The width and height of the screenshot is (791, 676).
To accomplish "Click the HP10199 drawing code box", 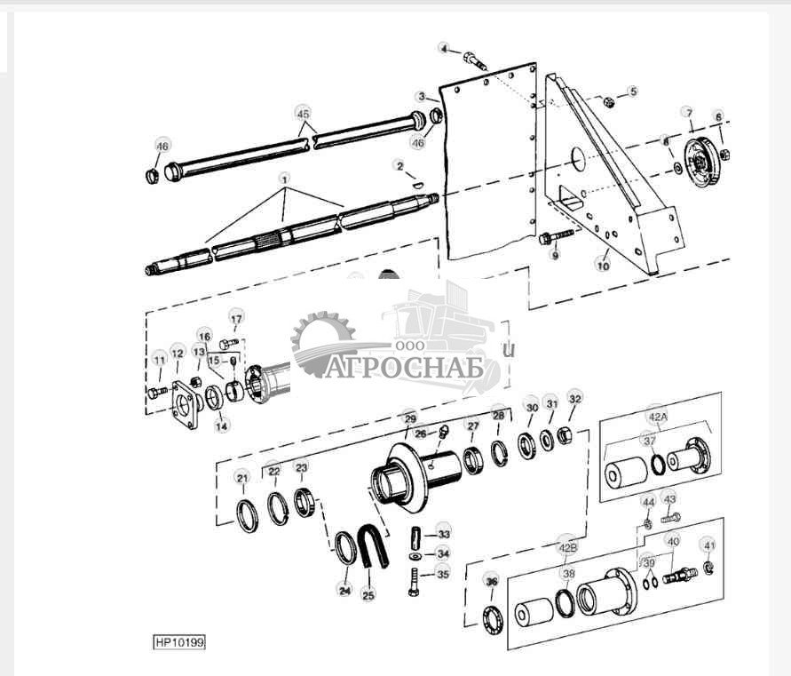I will [179, 641].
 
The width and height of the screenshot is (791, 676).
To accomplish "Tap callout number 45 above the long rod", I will [304, 114].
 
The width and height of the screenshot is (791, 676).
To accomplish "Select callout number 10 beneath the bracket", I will [603, 265].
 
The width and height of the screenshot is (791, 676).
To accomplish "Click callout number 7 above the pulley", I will [687, 113].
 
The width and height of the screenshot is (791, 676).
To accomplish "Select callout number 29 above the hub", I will [409, 418].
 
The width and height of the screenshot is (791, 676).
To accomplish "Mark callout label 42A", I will [657, 415].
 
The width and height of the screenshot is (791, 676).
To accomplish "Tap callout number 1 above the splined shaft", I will [284, 178].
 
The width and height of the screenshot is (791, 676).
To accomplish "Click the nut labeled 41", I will [708, 568].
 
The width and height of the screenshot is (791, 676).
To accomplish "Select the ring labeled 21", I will [247, 516].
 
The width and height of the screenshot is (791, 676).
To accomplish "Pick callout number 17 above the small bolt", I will [236, 319].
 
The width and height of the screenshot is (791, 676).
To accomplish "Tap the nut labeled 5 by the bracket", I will [608, 103].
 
